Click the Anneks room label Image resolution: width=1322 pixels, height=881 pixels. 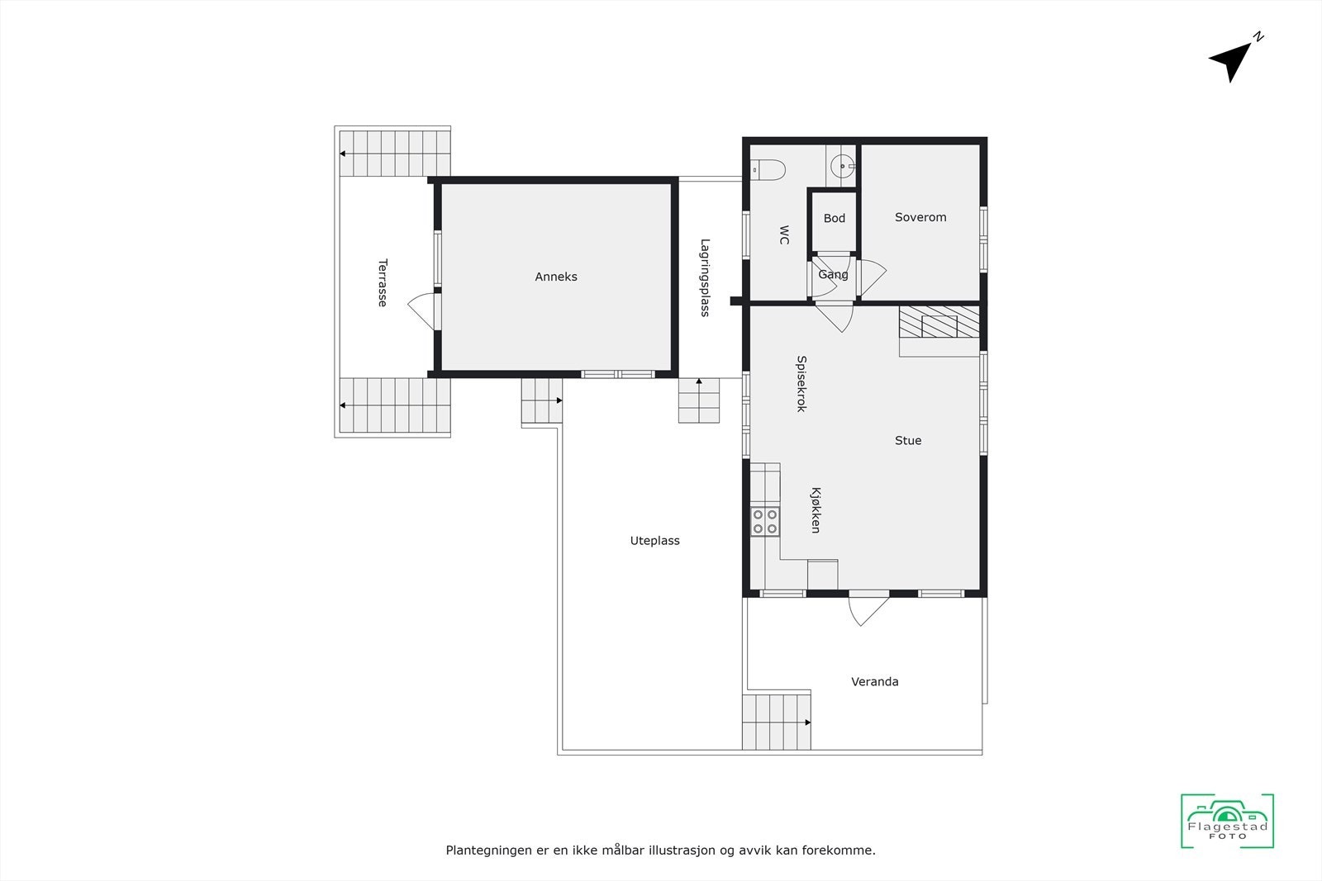pos(556,277)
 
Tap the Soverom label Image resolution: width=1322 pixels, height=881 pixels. pos(920,217)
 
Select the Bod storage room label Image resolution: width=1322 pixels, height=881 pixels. pos(835,218)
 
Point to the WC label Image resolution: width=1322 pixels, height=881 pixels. pos(784,235)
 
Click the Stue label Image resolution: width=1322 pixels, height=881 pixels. pos(908,440)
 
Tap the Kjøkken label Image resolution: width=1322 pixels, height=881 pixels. pos(816,510)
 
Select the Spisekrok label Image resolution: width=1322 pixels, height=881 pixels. pos(801,384)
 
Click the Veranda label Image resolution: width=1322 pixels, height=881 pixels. pos(875,681)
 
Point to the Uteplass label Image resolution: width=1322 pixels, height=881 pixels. pos(654,541)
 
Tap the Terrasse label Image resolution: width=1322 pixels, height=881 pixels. pos(383,283)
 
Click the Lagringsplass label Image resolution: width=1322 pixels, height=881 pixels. pos(705,277)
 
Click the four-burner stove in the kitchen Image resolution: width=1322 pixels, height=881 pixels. pos(765,521)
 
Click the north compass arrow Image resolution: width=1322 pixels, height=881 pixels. pos(1232,60)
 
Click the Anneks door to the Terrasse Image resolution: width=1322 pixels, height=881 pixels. pos(424,309)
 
